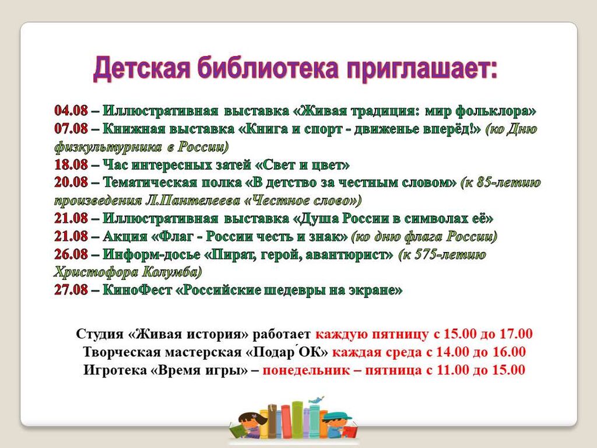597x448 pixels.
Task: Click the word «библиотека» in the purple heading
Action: click(268, 69)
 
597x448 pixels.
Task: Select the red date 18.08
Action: click(71, 164)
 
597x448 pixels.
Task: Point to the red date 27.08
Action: click(71, 290)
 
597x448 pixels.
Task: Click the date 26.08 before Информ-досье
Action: click(71, 254)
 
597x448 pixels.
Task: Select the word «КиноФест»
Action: click(138, 290)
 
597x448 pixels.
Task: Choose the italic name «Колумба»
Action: click(172, 272)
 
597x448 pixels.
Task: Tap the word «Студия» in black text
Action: click(100, 334)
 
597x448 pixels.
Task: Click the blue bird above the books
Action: click(316, 400)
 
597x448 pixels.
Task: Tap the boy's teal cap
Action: click(338, 416)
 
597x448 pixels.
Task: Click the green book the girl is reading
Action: click(238, 430)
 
